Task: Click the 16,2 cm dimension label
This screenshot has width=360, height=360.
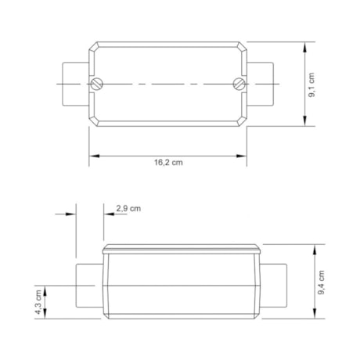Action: click(x=168, y=163)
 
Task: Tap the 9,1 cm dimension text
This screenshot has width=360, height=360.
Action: click(x=311, y=85)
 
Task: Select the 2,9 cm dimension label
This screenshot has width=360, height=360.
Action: click(x=128, y=208)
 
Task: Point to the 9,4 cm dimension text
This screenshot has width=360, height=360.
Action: click(x=322, y=283)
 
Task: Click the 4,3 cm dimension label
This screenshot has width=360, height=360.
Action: click(x=38, y=302)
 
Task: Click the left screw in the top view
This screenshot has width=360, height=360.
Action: click(x=97, y=84)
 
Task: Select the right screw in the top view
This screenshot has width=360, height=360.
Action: click(x=239, y=84)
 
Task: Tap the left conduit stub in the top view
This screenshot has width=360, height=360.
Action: click(x=76, y=84)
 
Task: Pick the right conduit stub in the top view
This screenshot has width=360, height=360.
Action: click(x=260, y=84)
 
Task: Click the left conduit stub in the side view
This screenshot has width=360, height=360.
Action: click(x=89, y=286)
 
